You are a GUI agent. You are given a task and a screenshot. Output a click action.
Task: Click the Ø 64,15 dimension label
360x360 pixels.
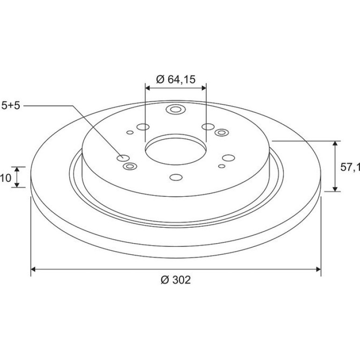coord(176,79)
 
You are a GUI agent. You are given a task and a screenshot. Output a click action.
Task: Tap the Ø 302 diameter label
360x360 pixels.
coord(176,280)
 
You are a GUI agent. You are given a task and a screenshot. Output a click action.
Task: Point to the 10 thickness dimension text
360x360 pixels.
coord(6,178)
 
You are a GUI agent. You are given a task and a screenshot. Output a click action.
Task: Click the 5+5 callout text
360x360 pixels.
coord(11,106)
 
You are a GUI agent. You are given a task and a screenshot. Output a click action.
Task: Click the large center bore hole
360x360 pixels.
coord(176,150)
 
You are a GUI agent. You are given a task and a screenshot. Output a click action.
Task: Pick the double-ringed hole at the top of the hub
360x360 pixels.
coord(176,109)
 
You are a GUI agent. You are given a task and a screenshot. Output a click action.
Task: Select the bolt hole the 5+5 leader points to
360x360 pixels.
coord(123,158)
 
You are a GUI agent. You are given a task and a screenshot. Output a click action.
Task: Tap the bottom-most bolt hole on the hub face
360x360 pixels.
coord(176,177)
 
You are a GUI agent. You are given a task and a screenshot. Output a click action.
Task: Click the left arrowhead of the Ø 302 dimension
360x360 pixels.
coord(33,269)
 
